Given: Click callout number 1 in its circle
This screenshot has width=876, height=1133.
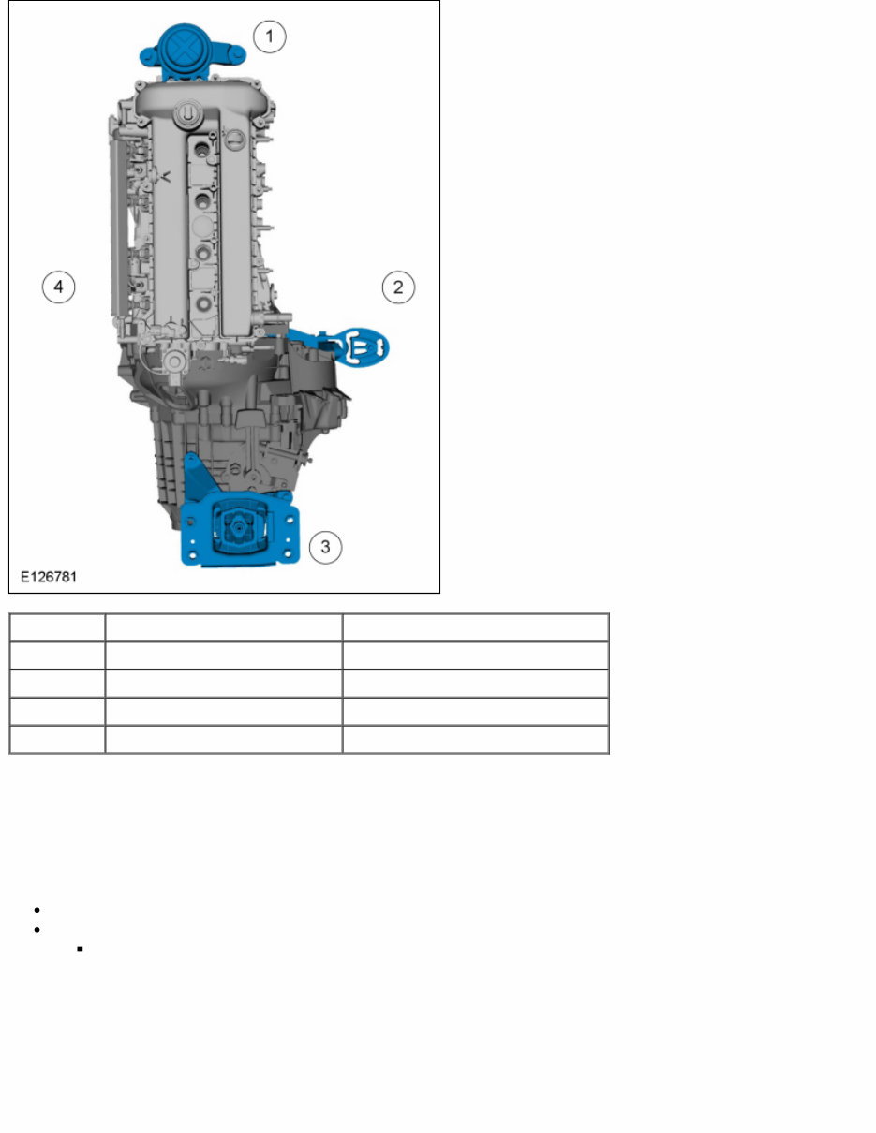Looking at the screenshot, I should click(x=270, y=37).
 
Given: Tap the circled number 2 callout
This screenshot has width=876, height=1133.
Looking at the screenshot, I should click(x=398, y=287).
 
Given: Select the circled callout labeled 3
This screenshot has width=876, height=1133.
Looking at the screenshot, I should click(x=325, y=546).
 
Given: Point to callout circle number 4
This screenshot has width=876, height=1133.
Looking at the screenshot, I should click(x=58, y=287).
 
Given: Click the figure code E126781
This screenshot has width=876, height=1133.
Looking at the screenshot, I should click(x=48, y=577).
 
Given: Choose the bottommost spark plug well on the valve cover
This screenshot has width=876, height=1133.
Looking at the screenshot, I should click(x=203, y=304).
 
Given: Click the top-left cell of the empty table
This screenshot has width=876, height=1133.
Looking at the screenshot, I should click(x=57, y=626).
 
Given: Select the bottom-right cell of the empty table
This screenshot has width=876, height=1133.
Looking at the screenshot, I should click(x=475, y=739).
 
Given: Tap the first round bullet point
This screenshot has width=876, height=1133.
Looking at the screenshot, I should click(x=35, y=910).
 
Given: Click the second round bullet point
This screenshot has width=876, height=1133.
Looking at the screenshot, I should click(x=35, y=930).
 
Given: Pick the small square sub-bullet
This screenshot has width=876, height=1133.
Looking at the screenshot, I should click(x=81, y=949).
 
